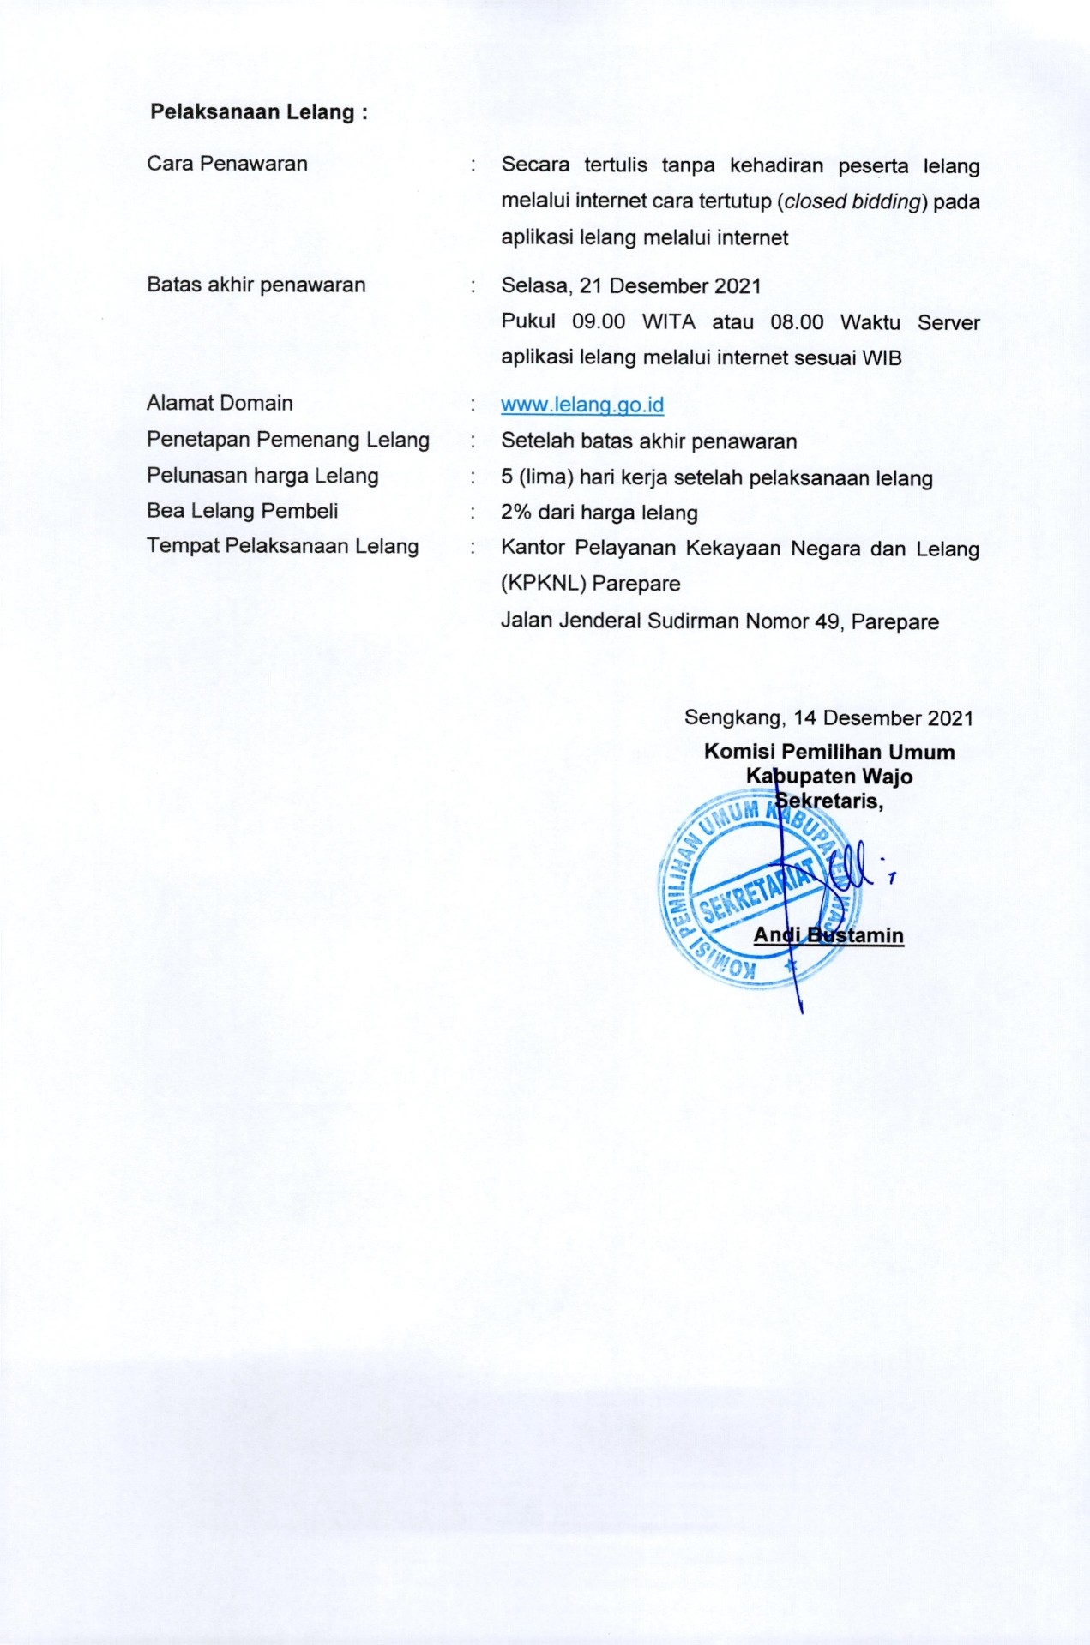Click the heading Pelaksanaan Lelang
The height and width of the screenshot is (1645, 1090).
[x=258, y=112]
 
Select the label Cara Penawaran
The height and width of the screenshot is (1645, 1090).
[x=227, y=164]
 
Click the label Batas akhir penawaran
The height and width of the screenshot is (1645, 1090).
[x=256, y=285]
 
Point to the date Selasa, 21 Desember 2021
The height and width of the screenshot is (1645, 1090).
[x=631, y=286]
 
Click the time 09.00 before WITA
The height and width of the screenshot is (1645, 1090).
[x=599, y=322]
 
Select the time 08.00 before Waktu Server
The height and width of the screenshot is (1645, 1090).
[x=797, y=322]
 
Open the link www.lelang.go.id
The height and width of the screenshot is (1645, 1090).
[x=582, y=405]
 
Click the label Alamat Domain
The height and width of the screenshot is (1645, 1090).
[x=220, y=403]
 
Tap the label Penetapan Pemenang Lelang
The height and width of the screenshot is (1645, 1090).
[x=287, y=440]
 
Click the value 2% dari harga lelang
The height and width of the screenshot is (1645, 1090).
[x=599, y=513]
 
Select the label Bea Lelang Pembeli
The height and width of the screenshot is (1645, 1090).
[x=242, y=511]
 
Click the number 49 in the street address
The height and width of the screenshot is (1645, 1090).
[x=827, y=621]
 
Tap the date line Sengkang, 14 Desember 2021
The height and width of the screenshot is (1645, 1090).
[x=828, y=718]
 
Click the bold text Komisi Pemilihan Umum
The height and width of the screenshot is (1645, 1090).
[x=829, y=752]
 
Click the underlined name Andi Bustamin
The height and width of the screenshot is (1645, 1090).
[x=828, y=935]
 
